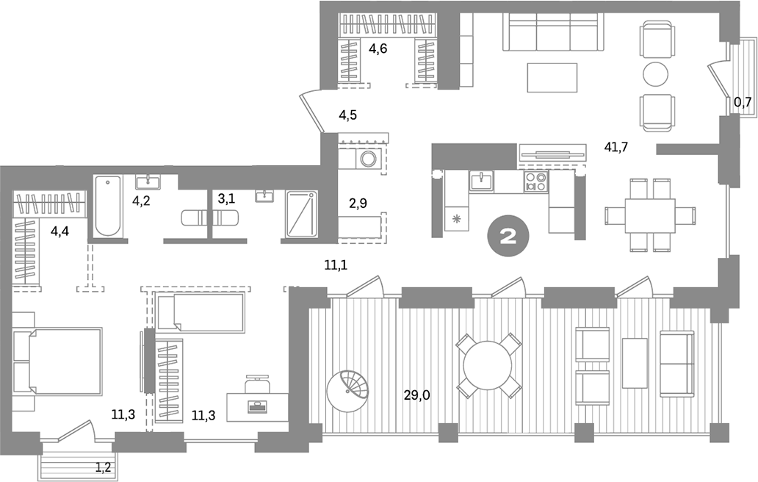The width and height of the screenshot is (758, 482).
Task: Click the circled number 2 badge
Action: [x=507, y=236]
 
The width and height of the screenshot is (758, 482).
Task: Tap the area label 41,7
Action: [x=616, y=146]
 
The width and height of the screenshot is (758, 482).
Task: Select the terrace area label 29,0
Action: [x=416, y=395]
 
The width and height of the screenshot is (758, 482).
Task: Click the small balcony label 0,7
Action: [x=743, y=102]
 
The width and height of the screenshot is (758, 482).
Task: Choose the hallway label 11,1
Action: [x=335, y=263]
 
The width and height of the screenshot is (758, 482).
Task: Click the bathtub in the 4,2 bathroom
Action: [x=108, y=205]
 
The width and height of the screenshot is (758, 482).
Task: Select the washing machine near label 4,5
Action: [x=367, y=159]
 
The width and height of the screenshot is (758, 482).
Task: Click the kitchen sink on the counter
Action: [x=480, y=181]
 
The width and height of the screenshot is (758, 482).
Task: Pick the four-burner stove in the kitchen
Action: [x=535, y=181]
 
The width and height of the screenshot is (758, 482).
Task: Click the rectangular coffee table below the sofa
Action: [x=552, y=77]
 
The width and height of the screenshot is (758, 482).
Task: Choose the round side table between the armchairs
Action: [x=655, y=73]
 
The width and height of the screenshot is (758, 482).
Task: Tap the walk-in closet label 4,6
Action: [x=378, y=50]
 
